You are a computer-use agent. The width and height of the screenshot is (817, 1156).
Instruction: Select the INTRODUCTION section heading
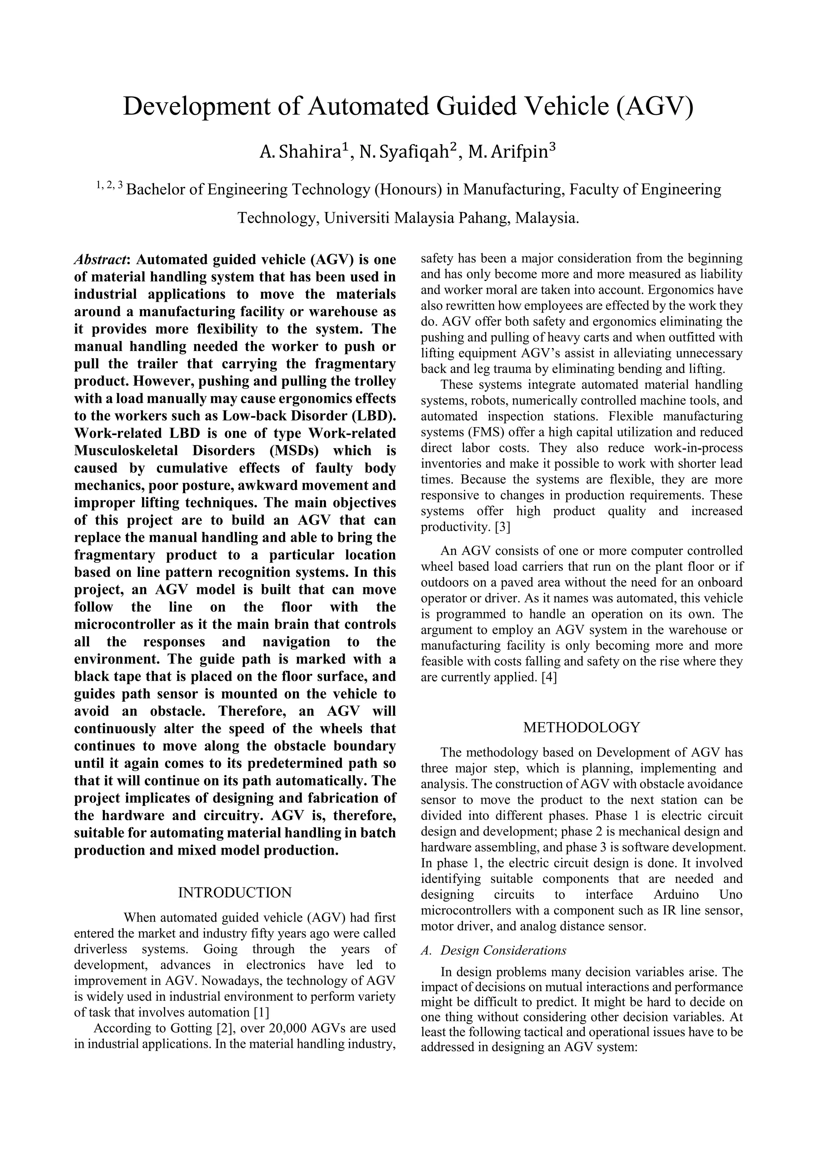tap(235, 893)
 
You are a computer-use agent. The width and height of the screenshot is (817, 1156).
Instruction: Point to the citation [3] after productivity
tap(503, 527)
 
